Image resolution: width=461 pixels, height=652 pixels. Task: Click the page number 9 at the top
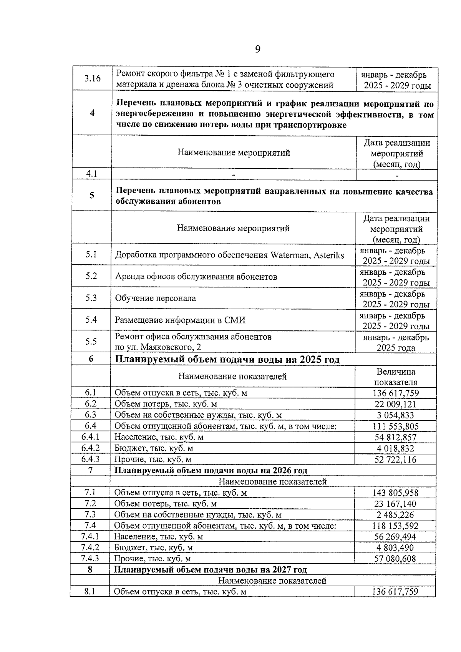pos(257,49)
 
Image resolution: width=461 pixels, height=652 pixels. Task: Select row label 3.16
pos(92,79)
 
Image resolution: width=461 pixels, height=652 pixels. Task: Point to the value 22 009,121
pos(395,404)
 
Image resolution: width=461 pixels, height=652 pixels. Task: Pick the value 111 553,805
pos(395,426)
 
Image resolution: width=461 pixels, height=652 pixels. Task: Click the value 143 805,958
pos(395,493)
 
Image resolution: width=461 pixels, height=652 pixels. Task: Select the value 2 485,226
pos(395,515)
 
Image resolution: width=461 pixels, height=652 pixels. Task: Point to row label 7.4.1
pos(90,537)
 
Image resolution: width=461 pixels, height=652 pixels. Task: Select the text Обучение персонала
pos(155,299)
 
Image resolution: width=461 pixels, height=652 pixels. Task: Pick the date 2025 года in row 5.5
pos(395,348)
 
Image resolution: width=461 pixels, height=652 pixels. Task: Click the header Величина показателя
pos(395,377)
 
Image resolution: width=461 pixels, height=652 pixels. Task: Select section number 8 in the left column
pos(90,569)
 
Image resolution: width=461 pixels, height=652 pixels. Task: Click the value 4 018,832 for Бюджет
pos(395,448)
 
